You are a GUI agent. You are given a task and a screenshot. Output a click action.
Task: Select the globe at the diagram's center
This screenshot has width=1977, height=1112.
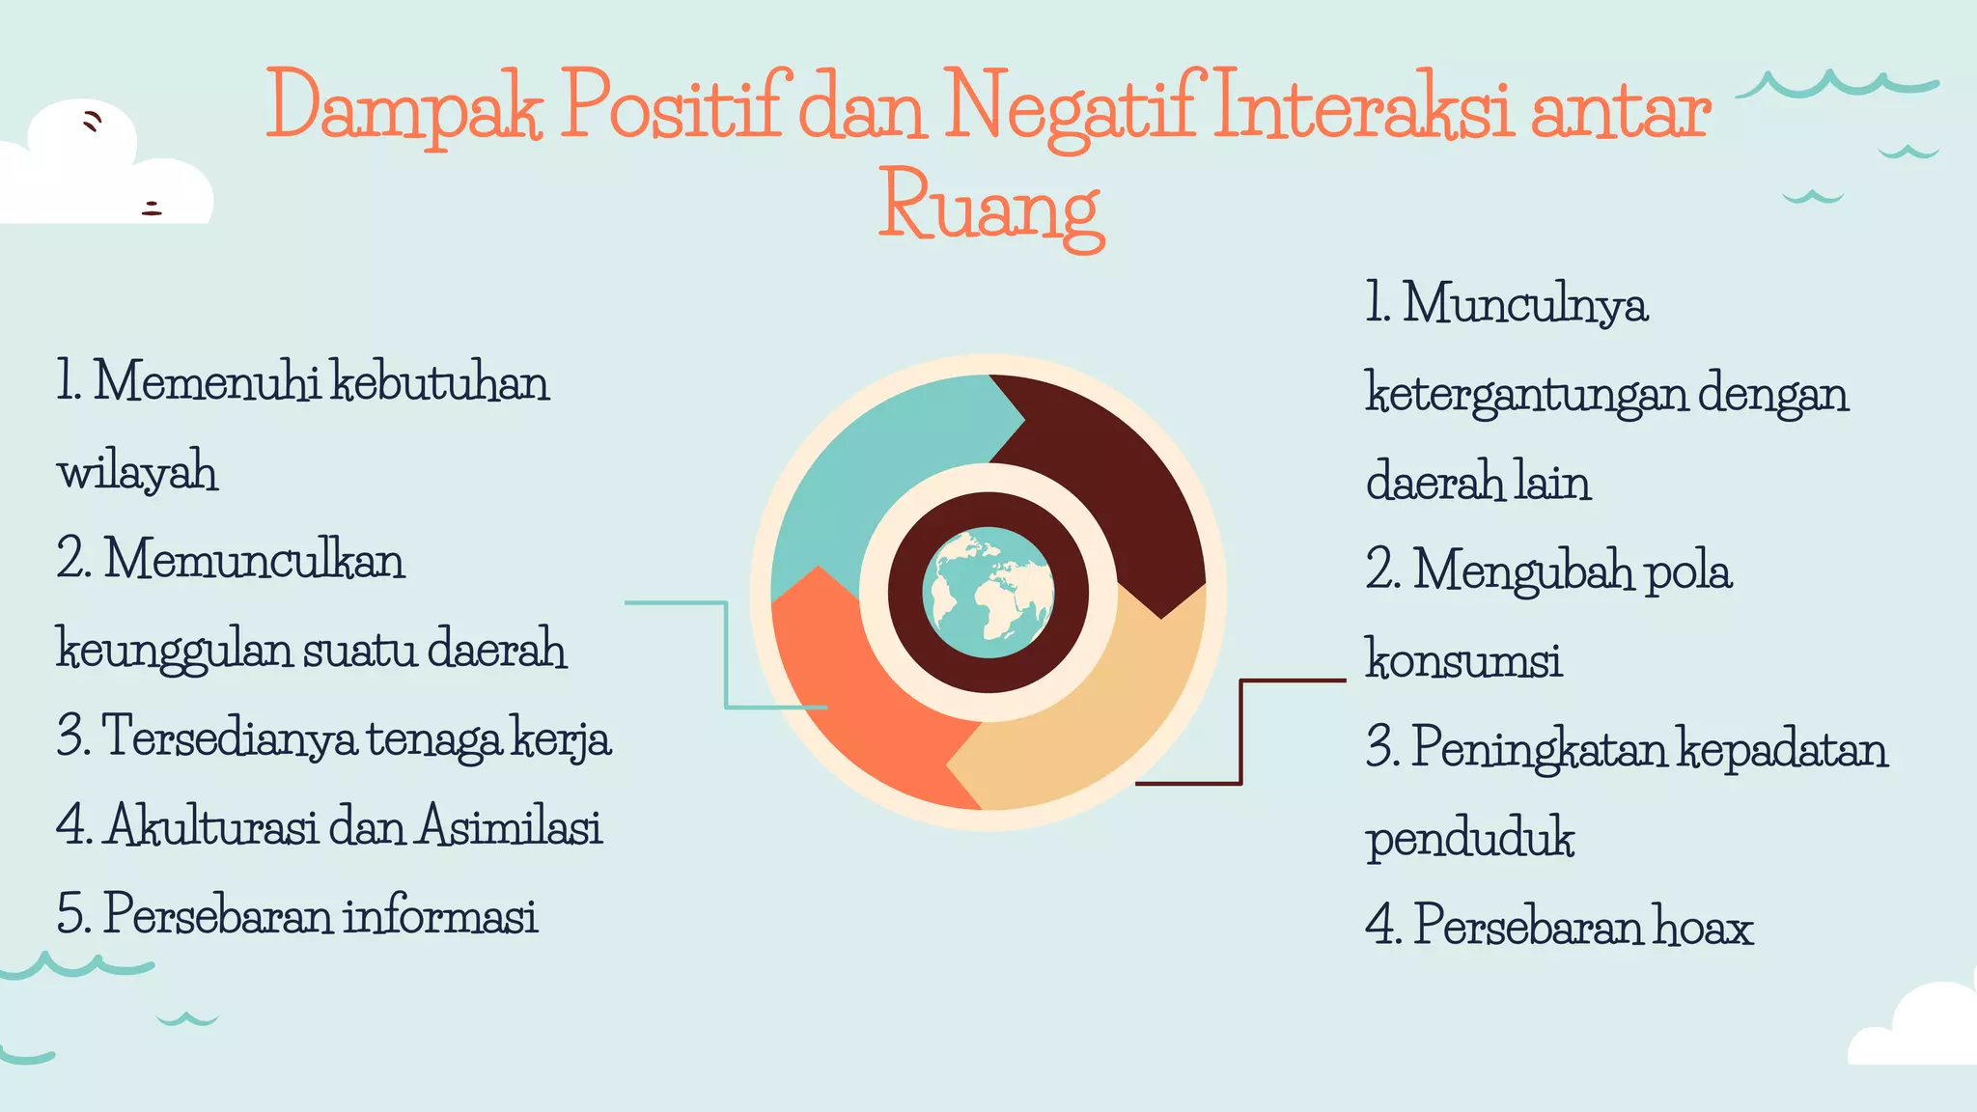tap(988, 592)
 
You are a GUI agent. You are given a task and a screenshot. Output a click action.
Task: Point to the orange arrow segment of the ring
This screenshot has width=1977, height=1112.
tap(849, 705)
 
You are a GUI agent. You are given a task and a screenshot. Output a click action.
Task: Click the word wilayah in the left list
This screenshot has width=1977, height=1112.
tap(137, 472)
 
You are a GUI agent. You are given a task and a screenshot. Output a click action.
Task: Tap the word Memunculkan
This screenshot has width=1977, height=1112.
tap(255, 560)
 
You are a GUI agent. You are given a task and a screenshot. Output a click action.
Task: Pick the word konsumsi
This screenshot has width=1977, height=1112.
tap(1463, 660)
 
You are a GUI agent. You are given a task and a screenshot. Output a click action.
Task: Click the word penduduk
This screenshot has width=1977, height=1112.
tap(1469, 838)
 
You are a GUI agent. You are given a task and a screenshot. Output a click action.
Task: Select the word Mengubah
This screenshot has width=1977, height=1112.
tap(1523, 571)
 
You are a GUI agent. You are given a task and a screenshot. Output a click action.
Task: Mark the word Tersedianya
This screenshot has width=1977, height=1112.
tap(228, 737)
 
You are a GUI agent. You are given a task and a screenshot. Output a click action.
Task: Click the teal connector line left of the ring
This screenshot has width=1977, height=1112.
tap(726, 656)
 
